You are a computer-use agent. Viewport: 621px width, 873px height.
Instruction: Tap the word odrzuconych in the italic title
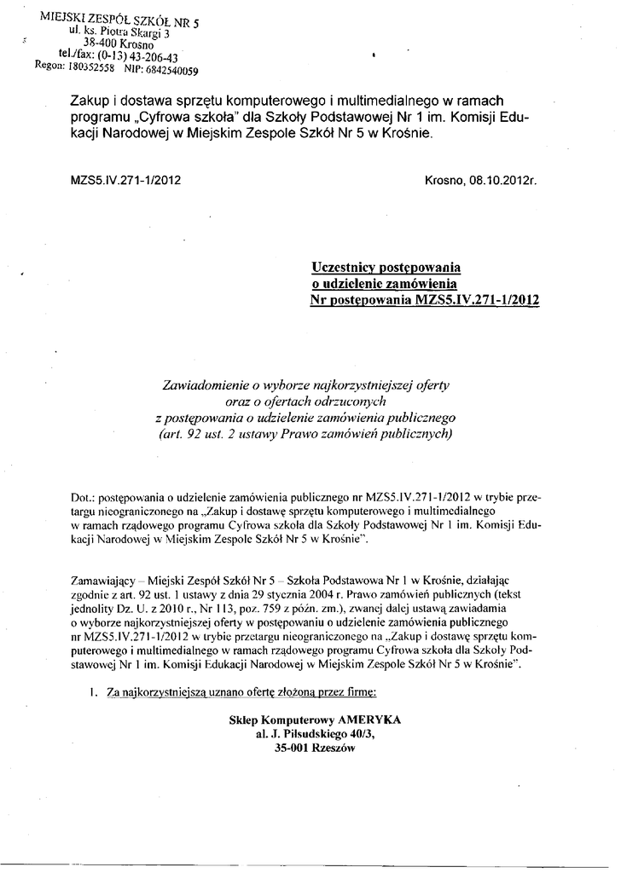pyautogui.click(x=357, y=401)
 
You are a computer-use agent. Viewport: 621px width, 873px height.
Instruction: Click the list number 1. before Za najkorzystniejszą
pyautogui.click(x=94, y=694)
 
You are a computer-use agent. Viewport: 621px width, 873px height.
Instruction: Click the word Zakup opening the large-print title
pyautogui.click(x=89, y=101)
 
